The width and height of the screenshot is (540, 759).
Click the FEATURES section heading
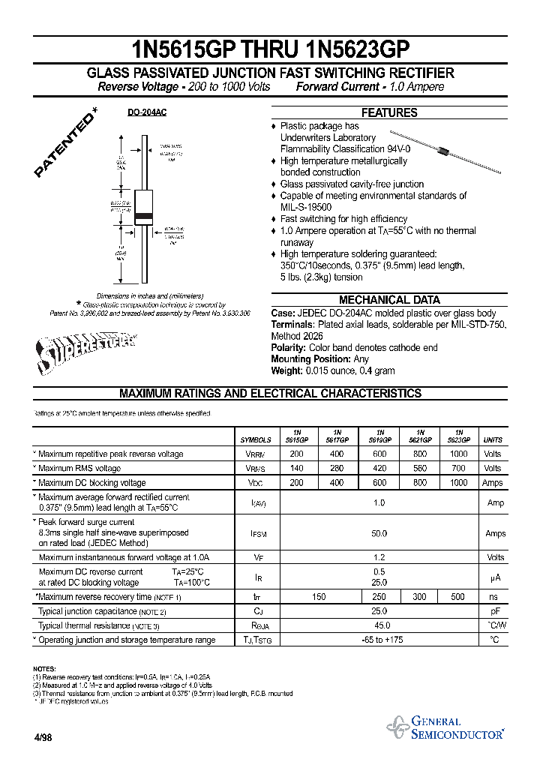[389, 112]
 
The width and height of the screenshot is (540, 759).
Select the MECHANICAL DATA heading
[389, 299]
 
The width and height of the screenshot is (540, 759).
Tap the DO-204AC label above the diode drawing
[146, 112]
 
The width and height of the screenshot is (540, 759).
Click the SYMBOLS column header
[256, 440]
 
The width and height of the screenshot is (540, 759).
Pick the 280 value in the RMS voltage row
[337, 469]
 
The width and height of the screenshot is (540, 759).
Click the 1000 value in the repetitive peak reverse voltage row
[458, 454]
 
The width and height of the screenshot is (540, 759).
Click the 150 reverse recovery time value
[318, 597]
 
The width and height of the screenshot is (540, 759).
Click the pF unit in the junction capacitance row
[493, 611]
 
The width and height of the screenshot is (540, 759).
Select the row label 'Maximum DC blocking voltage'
[91, 483]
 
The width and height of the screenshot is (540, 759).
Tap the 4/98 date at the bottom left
[43, 737]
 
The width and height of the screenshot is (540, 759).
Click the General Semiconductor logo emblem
[397, 727]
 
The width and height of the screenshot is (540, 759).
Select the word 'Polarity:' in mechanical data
[288, 348]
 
